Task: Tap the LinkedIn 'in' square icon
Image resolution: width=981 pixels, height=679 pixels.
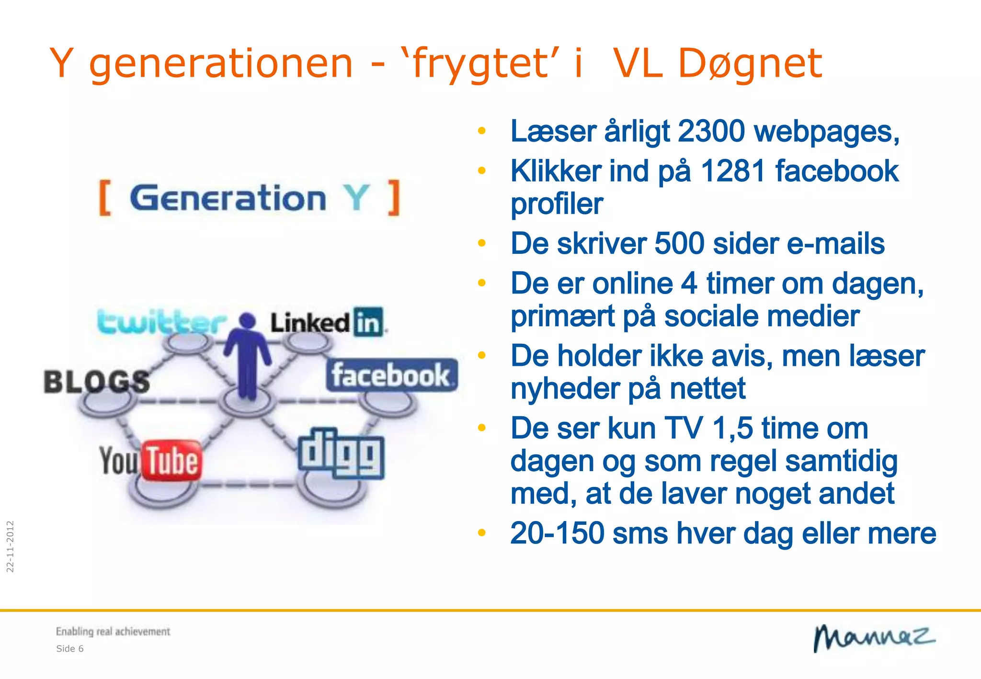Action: coord(368,322)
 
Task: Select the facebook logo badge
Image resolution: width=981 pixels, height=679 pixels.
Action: coord(392,375)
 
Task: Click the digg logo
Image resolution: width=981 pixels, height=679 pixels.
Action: coord(341,453)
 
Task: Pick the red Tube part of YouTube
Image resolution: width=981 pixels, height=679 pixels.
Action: coord(171,461)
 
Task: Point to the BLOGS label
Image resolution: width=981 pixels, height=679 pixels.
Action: coord(96,382)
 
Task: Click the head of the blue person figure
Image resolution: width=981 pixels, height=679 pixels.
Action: coord(247,320)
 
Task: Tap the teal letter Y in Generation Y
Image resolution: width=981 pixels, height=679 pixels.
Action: coord(356,198)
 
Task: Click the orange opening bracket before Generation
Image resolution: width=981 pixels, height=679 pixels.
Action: coord(105,198)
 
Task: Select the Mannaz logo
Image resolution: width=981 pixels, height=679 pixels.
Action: coord(874,638)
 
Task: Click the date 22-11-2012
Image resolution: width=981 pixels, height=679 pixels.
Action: coord(10,546)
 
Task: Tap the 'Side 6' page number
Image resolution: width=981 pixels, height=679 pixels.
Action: coord(70,649)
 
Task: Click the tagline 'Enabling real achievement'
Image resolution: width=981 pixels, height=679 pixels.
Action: coord(113,632)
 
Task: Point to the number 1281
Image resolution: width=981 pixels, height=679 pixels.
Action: coord(733,171)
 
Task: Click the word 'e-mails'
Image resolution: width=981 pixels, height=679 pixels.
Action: coord(835,244)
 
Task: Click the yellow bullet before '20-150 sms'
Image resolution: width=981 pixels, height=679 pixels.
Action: coord(482,533)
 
